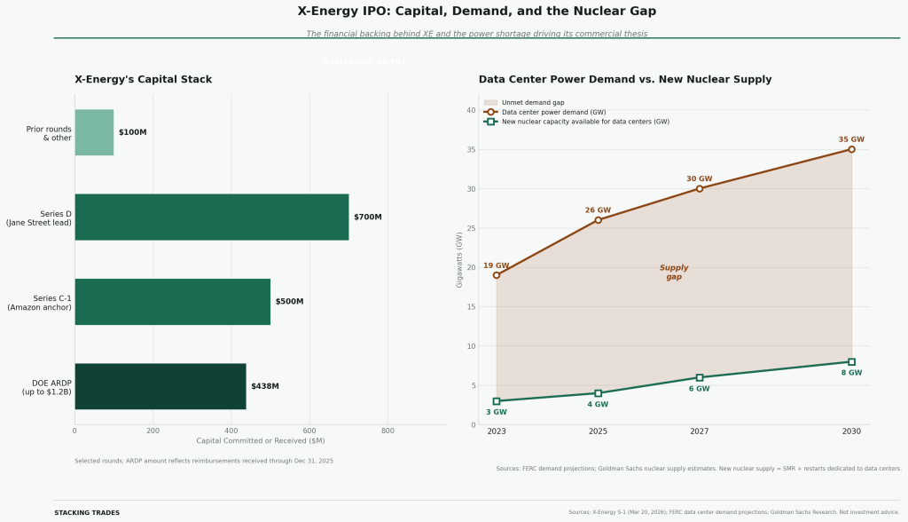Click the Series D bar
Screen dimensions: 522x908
point(211,217)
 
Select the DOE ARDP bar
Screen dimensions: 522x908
point(160,386)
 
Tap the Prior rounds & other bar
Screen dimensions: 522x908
point(94,132)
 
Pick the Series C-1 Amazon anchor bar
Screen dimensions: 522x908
point(172,302)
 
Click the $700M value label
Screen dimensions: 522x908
point(367,217)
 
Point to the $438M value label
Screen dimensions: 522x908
point(264,386)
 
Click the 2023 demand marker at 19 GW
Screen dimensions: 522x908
point(497,275)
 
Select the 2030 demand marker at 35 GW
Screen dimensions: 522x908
point(851,149)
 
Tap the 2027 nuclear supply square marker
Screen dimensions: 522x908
point(700,377)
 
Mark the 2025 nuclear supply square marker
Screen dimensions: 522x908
point(598,393)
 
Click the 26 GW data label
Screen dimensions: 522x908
point(598,210)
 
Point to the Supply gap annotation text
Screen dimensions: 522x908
point(674,273)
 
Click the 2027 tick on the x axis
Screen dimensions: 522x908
point(700,431)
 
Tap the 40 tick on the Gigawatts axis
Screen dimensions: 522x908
point(471,110)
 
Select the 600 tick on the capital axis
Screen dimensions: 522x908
point(309,431)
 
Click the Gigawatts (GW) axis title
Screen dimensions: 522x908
point(459,259)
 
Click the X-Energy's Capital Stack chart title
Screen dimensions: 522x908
point(143,80)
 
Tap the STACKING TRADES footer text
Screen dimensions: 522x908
point(87,513)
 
